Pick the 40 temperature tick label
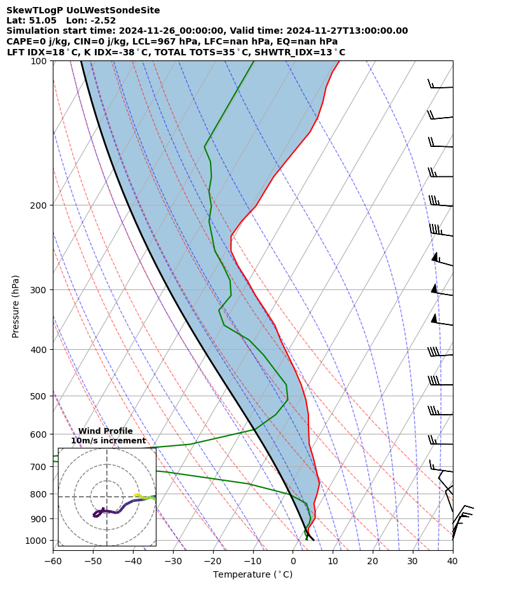[x=452, y=561]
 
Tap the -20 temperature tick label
[x=212, y=561]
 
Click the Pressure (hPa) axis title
[x=16, y=306]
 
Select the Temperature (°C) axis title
[x=253, y=575]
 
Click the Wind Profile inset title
[x=106, y=431]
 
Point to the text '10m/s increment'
[x=108, y=441]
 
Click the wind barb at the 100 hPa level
[x=440, y=86]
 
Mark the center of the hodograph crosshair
[x=107, y=497]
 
